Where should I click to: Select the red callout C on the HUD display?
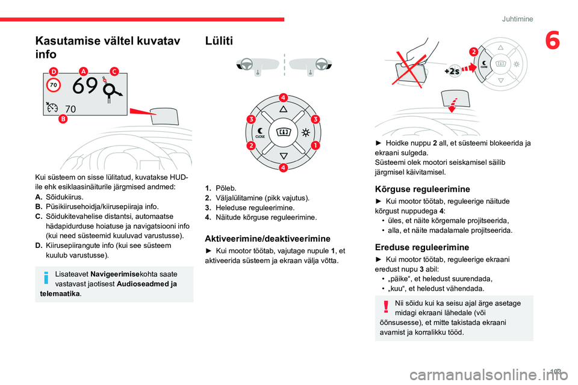(114, 71)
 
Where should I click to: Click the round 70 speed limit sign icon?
(53, 85)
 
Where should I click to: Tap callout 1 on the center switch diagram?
(315, 146)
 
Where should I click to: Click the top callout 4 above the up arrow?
(282, 97)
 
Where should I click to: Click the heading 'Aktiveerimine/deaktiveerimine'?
(267, 238)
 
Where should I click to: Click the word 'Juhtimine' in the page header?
(517, 19)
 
